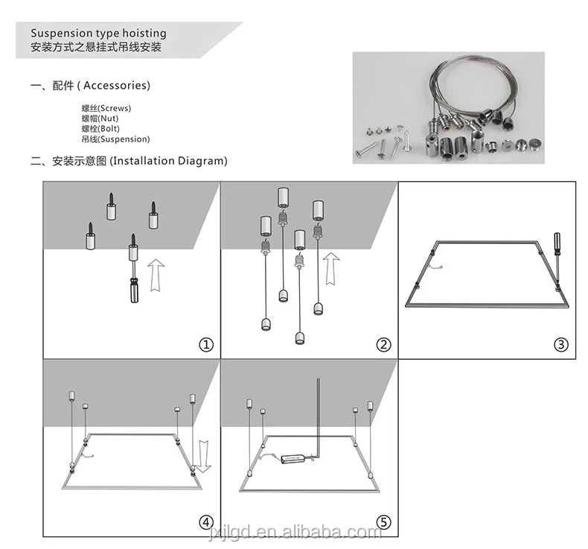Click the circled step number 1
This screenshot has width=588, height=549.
pyautogui.click(x=206, y=344)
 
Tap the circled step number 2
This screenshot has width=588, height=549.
pyautogui.click(x=383, y=344)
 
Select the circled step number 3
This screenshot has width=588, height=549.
pyautogui.click(x=561, y=344)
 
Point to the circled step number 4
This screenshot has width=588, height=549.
pyautogui.click(x=206, y=522)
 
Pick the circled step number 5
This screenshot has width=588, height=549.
pyautogui.click(x=383, y=522)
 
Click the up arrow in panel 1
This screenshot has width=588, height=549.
pyautogui.click(x=155, y=273)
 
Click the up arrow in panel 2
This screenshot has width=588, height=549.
pyautogui.click(x=331, y=267)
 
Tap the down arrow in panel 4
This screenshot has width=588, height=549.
pyautogui.click(x=205, y=456)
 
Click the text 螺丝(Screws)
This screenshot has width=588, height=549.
pyautogui.click(x=106, y=109)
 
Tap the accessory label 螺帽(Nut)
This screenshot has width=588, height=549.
pyautogui.click(x=100, y=118)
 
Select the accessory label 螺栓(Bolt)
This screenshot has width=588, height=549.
pyautogui.click(x=100, y=129)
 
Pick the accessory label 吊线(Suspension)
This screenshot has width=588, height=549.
pyautogui.click(x=115, y=139)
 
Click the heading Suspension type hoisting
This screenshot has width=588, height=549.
pyautogui.click(x=98, y=34)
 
